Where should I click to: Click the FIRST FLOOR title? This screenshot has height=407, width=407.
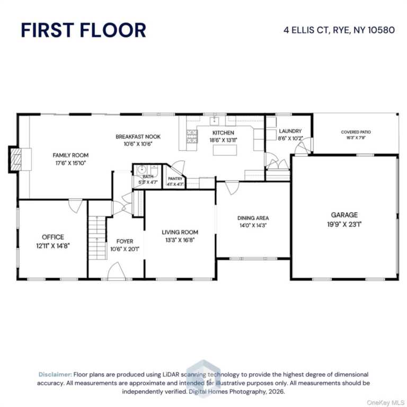tap(83, 30)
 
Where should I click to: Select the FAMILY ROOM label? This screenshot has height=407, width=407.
tap(70, 155)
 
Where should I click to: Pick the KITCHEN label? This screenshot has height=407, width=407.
tap(223, 132)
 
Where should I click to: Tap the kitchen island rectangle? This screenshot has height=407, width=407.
tap(224, 150)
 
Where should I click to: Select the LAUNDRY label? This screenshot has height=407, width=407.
tap(290, 131)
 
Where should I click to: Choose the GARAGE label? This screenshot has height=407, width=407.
tap(344, 215)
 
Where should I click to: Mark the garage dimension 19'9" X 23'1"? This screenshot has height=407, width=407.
tap(344, 224)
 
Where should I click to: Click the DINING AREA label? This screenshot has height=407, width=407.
tap(253, 218)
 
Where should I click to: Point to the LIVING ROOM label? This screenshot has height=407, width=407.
tap(180, 232)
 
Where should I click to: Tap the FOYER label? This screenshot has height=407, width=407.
tap(125, 242)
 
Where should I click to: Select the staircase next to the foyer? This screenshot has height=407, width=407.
tap(98, 237)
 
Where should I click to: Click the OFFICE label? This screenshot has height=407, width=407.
tap(53, 237)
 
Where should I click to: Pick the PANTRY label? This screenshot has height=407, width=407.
tap(175, 179)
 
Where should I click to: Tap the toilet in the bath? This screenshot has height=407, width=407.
tap(141, 170)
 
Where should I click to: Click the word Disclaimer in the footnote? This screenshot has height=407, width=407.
tap(55, 374)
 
